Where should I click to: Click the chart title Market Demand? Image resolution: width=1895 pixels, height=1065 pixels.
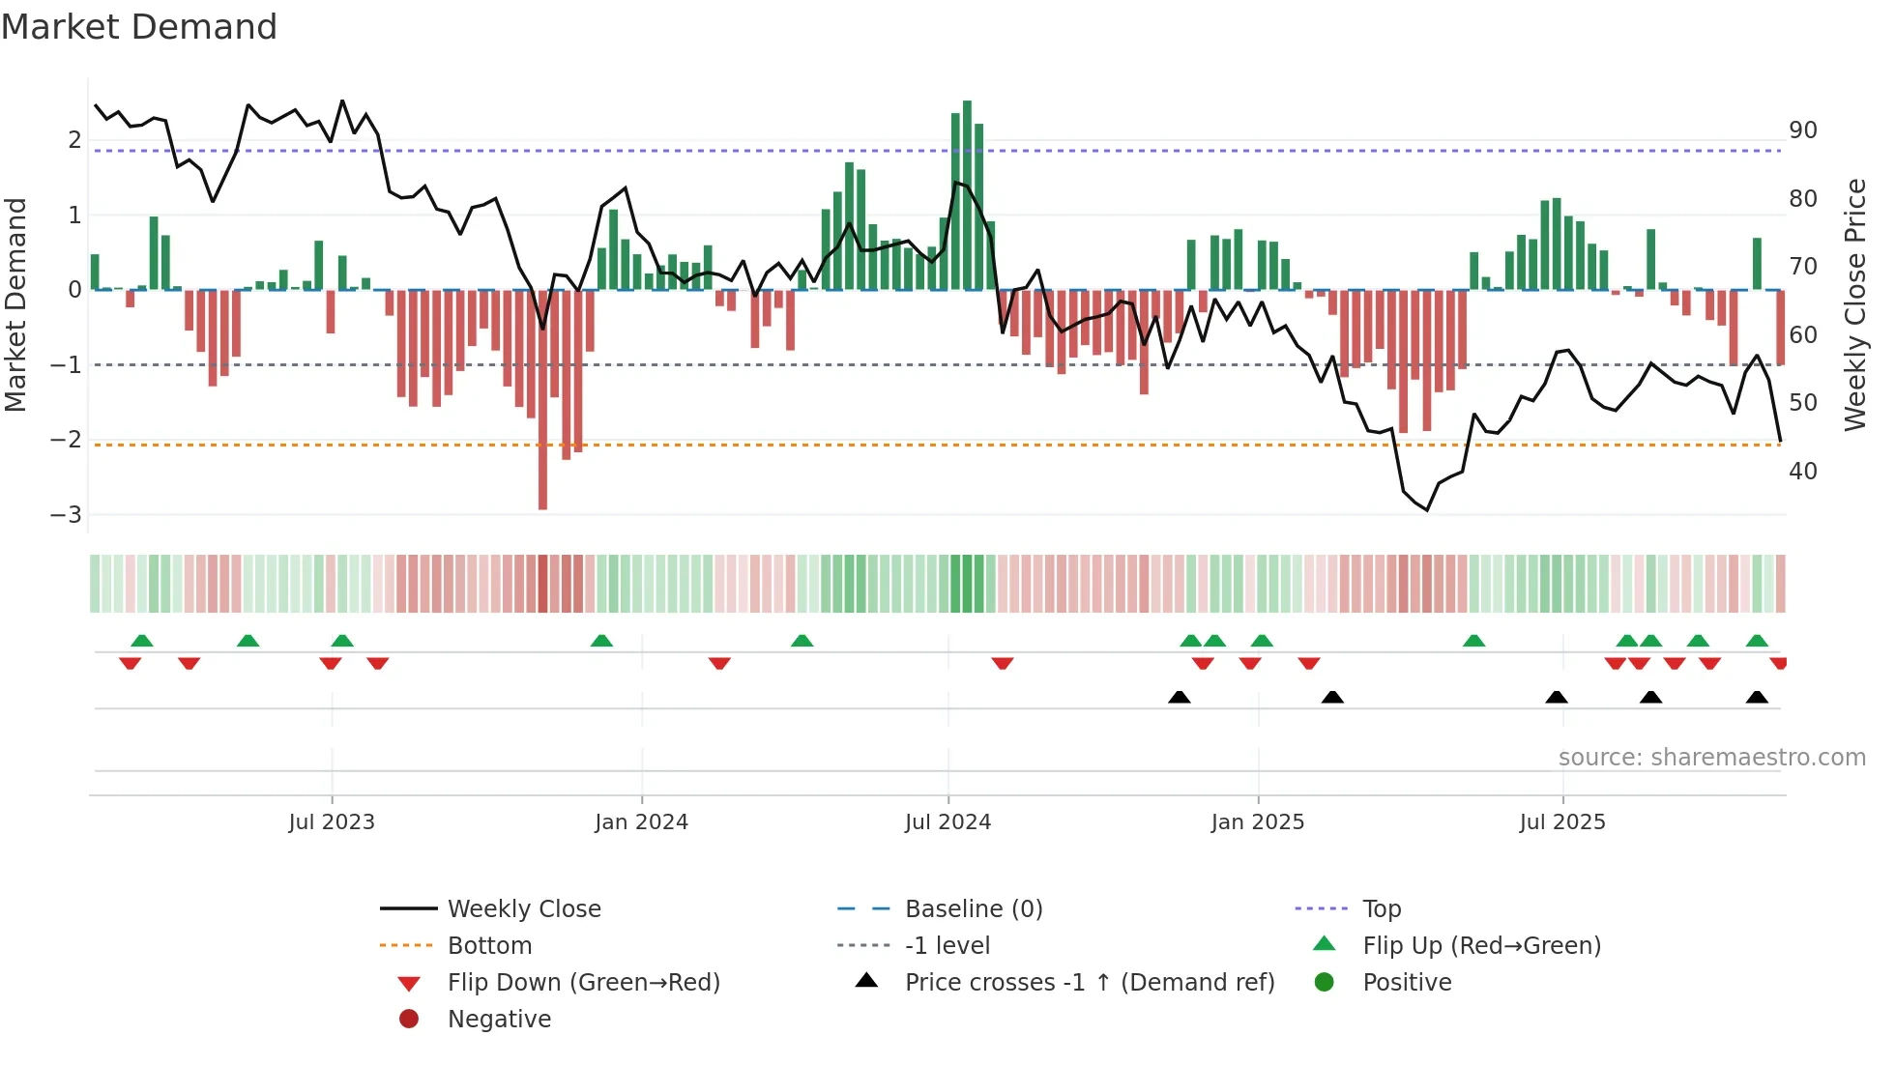click(x=139, y=27)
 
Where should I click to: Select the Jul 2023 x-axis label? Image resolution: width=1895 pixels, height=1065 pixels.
click(x=332, y=822)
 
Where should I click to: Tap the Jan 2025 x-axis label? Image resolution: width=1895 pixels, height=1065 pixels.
click(x=1257, y=822)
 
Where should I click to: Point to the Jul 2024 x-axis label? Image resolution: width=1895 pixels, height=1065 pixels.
click(x=947, y=822)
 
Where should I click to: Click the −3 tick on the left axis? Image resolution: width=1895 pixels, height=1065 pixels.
click(x=66, y=514)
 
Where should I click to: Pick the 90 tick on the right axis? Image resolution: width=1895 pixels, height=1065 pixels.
click(x=1802, y=130)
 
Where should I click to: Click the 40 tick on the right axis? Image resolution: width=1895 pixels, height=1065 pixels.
click(x=1802, y=472)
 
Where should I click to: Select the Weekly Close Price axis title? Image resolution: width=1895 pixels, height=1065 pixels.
click(x=1854, y=304)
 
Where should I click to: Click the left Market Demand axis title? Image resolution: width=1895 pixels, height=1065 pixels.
click(x=16, y=304)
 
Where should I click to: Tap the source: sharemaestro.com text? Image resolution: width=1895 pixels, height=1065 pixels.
click(x=1711, y=758)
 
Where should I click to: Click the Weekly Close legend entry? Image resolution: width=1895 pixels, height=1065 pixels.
click(x=523, y=909)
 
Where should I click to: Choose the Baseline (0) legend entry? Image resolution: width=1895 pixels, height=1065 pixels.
click(x=973, y=909)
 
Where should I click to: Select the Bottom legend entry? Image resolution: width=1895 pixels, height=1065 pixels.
click(x=489, y=946)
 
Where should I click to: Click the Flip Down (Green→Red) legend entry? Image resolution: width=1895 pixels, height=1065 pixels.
click(x=583, y=983)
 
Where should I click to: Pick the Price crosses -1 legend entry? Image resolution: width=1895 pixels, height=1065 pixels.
click(x=1089, y=983)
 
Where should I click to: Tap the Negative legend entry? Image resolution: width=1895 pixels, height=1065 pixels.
click(x=499, y=1020)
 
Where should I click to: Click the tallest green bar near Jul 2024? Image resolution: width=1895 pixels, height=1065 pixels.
click(x=967, y=193)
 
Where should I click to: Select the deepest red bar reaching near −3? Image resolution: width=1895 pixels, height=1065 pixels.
click(x=542, y=406)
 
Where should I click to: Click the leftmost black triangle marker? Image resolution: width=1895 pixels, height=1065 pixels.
click(x=1179, y=697)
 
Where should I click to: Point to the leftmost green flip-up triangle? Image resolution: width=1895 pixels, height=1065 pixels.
click(x=142, y=641)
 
